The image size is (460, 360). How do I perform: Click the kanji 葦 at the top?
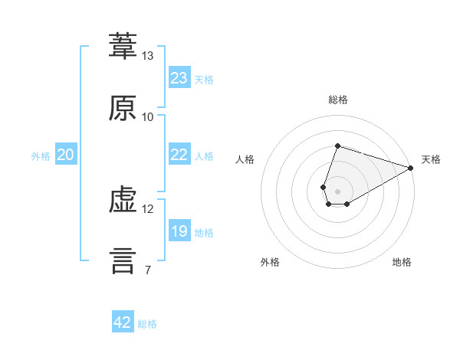coord(123,46)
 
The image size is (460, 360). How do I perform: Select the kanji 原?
coord(123,107)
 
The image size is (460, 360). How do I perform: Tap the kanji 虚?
coord(123,200)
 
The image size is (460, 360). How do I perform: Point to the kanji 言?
coord(123,261)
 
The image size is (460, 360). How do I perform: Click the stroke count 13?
coord(147,56)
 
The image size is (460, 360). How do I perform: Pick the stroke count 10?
coord(147,117)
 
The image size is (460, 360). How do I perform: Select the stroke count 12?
coord(147,209)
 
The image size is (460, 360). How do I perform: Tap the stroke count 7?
coord(148,270)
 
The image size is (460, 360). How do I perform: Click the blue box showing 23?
coord(179,77)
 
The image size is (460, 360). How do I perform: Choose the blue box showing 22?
coord(179,154)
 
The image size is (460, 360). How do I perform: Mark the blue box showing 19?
coord(179,230)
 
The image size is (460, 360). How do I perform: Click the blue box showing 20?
coord(66,154)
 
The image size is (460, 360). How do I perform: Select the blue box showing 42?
coord(123,321)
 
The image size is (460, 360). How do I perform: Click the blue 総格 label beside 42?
coord(147,324)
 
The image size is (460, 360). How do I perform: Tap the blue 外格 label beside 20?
coord(41,156)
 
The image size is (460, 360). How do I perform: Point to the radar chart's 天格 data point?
coord(411,168)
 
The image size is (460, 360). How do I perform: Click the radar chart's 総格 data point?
coord(337,146)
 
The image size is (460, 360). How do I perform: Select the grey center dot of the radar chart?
coord(337,191)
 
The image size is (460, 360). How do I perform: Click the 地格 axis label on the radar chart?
coord(402,262)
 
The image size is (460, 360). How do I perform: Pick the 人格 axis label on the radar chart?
coord(245,159)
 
